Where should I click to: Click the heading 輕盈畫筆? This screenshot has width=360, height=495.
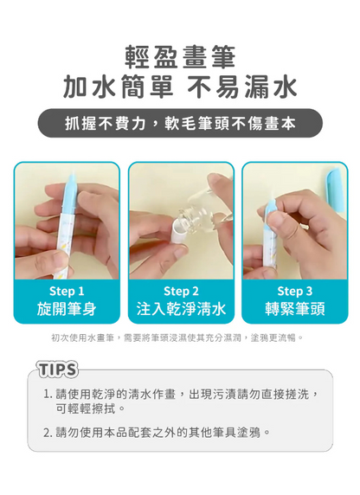pos(180,56)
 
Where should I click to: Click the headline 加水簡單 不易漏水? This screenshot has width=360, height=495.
pos(180,87)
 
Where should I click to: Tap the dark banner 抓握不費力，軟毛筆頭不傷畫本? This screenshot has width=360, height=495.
pos(180,125)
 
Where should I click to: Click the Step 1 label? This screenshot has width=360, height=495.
pos(67,292)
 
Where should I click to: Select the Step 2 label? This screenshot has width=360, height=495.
pos(181,292)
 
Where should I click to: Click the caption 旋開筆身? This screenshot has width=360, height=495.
pos(67,309)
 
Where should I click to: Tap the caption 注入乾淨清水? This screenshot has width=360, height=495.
pos(181,309)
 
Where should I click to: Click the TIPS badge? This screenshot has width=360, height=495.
pos(57,370)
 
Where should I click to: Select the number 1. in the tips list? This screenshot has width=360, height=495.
pos(48,394)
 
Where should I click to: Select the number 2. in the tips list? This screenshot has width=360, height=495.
pos(48,431)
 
